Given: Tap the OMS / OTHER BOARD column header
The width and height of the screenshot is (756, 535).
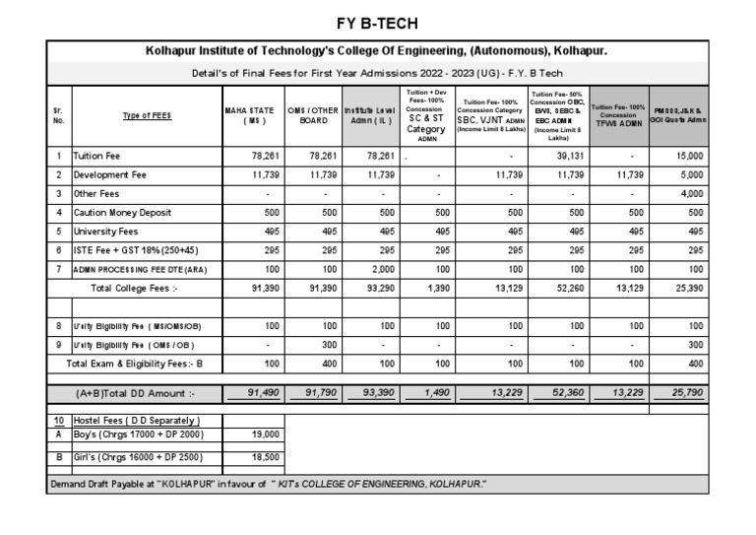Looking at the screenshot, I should (x=314, y=115).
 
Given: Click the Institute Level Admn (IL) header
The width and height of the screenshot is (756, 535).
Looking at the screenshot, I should (x=371, y=115).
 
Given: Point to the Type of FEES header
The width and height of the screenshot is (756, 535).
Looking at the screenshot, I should (x=147, y=115).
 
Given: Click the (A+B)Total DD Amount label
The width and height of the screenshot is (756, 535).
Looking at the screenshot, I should (x=136, y=393).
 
